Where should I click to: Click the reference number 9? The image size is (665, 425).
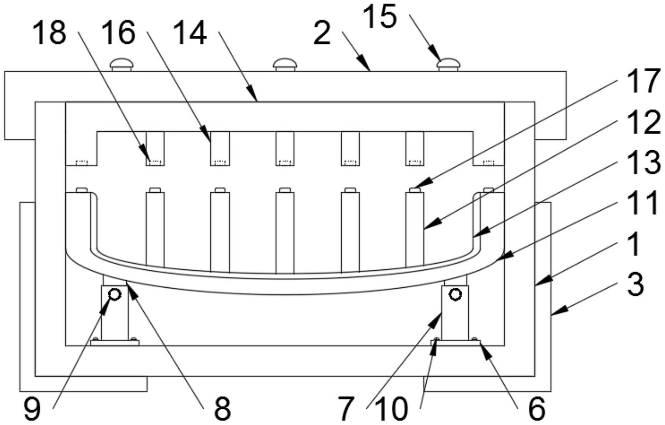(x=32, y=409)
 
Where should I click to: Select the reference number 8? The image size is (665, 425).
(x=222, y=409)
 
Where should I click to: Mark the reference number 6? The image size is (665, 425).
(x=536, y=409)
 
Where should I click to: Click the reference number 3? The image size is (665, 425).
(x=635, y=285)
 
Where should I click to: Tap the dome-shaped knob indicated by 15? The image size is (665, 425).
(x=449, y=64)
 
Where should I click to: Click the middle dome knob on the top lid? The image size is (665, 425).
(x=285, y=64)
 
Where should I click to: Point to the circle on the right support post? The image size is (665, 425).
(x=456, y=294)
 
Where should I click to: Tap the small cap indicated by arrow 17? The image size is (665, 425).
(x=415, y=190)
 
